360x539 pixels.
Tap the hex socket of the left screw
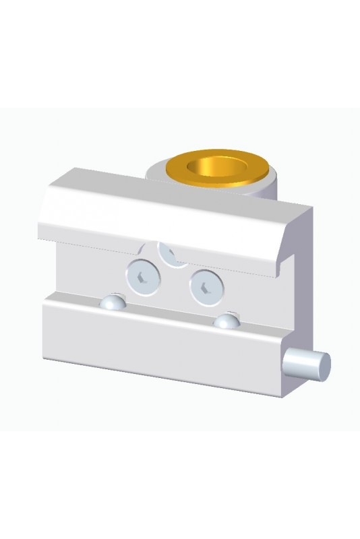tap(141, 276)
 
